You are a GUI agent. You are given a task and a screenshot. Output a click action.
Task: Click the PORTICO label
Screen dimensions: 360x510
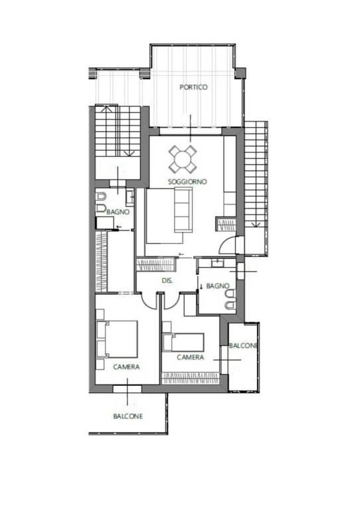pos(193,87)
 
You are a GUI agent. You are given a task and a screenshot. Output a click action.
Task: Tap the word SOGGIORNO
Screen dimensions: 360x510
pos(187,181)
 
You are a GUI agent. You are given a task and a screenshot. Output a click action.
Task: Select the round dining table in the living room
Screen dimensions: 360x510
pos(183,159)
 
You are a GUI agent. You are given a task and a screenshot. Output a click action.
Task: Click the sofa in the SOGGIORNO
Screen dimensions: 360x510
pos(183,211)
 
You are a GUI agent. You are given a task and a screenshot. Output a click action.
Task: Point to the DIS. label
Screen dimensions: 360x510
pos(167,280)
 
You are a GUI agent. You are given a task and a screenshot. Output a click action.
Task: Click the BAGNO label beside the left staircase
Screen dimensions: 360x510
pos(118,212)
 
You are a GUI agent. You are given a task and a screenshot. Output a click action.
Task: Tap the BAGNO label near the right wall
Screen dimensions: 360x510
pos(218,286)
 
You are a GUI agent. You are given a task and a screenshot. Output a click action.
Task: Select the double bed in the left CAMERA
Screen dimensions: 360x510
pos(117,339)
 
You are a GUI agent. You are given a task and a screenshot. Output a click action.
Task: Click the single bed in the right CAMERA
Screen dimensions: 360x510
pos(183,342)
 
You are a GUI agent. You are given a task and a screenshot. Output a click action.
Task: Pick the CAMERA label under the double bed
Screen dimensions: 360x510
pos(126,367)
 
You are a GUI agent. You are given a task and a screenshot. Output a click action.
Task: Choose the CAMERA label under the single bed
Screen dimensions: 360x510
pos(191,357)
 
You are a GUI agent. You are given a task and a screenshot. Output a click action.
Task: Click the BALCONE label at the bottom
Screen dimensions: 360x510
pos(128,416)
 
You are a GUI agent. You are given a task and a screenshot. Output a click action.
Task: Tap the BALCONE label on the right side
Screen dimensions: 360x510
pos(243,346)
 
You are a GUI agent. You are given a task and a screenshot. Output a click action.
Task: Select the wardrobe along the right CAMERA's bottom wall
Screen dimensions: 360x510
pos(191,378)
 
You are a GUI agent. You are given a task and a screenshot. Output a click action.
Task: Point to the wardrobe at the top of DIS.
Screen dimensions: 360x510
pos(157,265)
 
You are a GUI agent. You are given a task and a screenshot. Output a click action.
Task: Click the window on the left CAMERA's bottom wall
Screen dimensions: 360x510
pos(127,389)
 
